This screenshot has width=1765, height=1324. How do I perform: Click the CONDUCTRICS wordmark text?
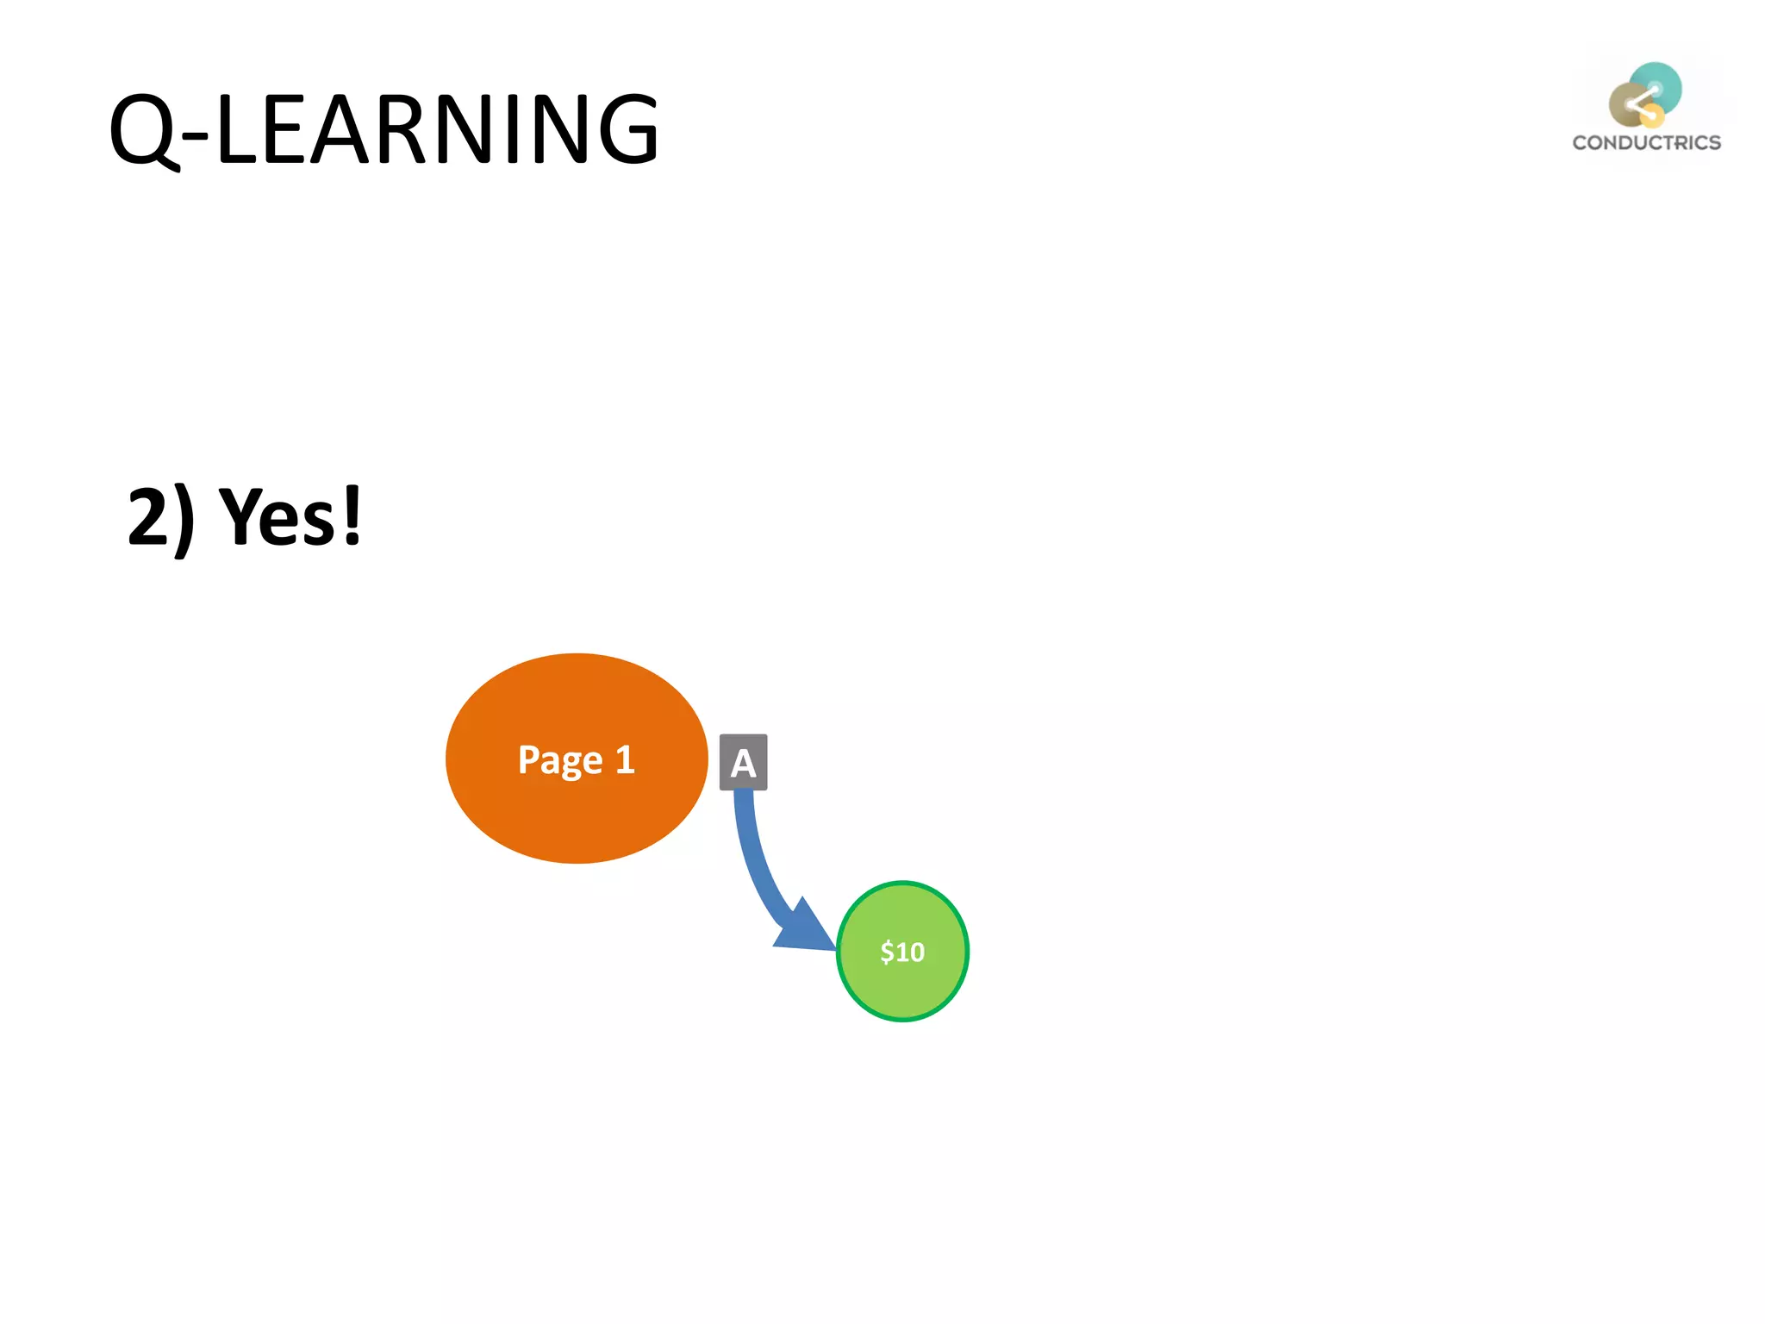click(x=1646, y=143)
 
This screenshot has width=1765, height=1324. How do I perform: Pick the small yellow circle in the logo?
click(x=1652, y=116)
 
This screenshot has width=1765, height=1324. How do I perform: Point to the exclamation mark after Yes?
click(x=352, y=515)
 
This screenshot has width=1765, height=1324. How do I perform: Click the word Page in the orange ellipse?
click(x=559, y=760)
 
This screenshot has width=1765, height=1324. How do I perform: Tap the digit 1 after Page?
click(x=625, y=759)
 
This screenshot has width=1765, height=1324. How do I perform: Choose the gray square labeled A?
click(x=743, y=762)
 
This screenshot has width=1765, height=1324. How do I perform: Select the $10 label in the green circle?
click(x=902, y=952)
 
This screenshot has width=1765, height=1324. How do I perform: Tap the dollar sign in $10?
click(x=887, y=952)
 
